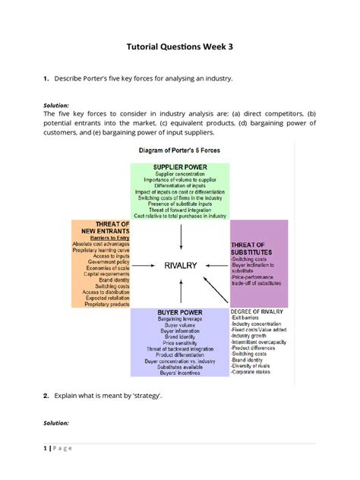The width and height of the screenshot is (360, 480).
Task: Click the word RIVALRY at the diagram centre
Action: [180, 265]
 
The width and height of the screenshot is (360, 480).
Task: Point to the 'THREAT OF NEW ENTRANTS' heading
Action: [99, 229]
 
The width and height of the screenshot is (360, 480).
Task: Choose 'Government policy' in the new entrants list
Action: [100, 263]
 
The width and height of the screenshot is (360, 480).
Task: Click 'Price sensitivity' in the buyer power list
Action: [179, 343]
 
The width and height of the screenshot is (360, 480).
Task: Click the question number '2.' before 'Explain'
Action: [46, 396]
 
